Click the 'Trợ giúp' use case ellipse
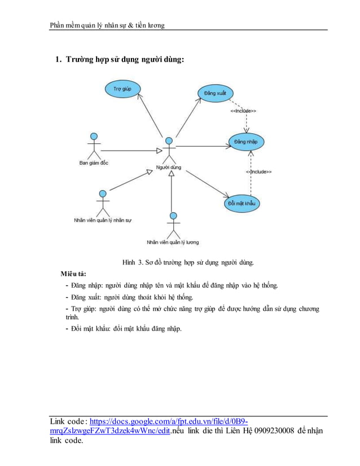pos(122,89)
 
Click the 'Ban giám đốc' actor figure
pos(94,146)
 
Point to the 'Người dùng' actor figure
pos(168,151)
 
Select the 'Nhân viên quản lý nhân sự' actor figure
pos(102,204)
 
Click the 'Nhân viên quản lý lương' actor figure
pos(173,225)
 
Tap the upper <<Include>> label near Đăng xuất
pos(243,111)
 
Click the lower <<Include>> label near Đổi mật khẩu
pos(258,172)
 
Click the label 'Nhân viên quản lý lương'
pos(173,242)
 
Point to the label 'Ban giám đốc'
pos(94,162)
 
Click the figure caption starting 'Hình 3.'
pos(188,262)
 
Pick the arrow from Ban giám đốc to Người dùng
pos(130,150)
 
